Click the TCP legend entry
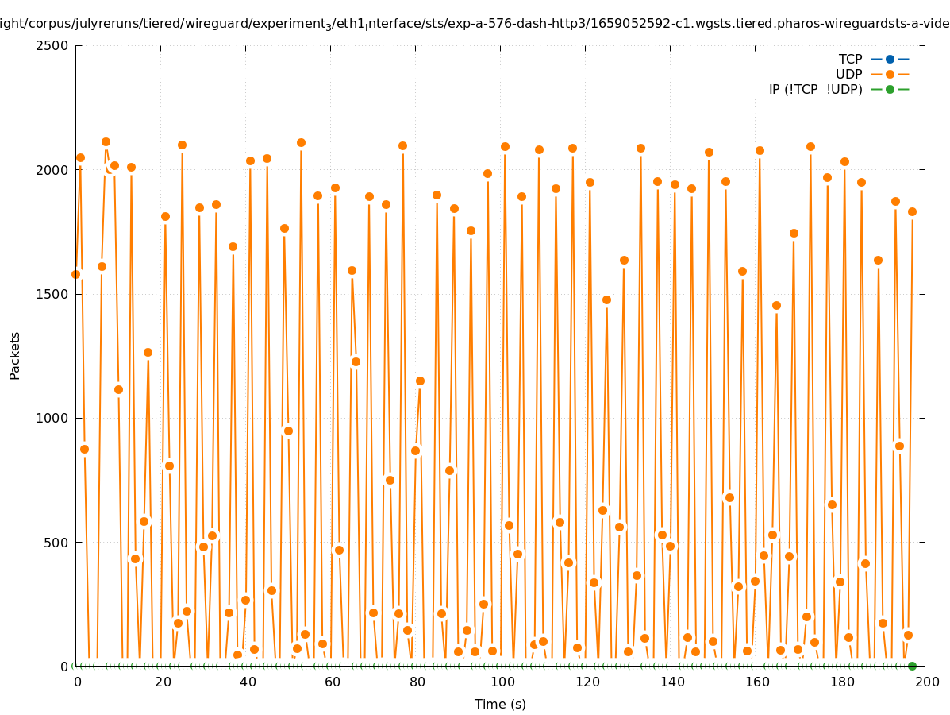[850, 59]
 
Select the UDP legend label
[848, 74]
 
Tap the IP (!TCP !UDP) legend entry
[815, 89]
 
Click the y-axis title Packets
[15, 355]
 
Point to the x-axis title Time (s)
[500, 704]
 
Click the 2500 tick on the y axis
[52, 45]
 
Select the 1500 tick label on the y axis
[52, 294]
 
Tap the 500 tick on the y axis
[56, 543]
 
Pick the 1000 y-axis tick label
[52, 418]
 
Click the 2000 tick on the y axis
[52, 169]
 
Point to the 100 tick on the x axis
[502, 682]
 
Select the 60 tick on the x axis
[333, 682]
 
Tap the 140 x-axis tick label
[671, 682]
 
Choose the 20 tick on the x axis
[162, 682]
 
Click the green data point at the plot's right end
[912, 666]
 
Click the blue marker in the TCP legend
[890, 59]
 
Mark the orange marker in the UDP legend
[890, 74]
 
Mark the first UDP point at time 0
[76, 274]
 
